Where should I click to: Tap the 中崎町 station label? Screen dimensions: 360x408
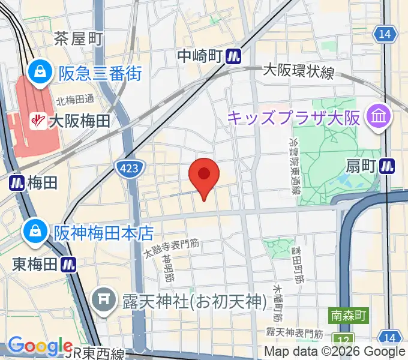tap(200, 56)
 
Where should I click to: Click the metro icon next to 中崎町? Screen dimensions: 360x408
tap(234, 56)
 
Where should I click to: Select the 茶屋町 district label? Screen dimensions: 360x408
tap(79, 39)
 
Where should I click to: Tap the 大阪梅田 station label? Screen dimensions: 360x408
tap(79, 121)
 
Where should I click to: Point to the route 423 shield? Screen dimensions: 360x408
tap(130, 170)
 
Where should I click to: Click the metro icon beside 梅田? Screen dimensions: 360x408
tap(16, 183)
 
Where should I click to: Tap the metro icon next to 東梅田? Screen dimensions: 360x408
tap(70, 264)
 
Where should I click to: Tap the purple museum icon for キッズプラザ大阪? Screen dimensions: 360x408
tap(379, 115)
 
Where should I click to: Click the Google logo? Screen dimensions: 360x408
tap(41, 346)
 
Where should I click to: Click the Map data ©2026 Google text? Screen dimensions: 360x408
tap(335, 352)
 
